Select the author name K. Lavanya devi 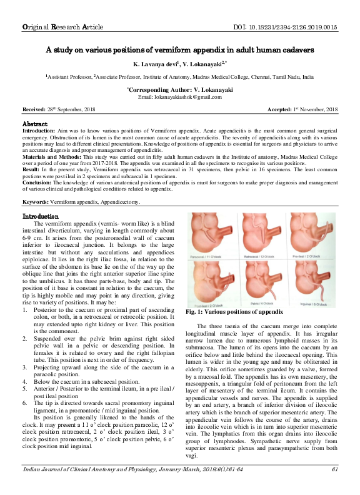tap(155, 64)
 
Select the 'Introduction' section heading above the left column tap(41, 216)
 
